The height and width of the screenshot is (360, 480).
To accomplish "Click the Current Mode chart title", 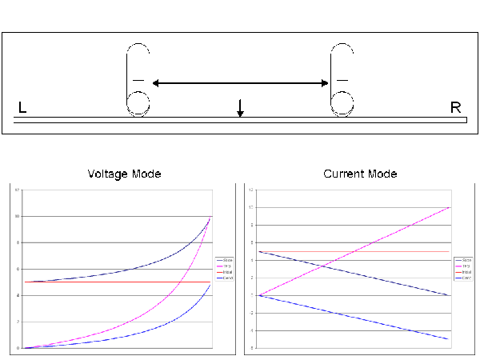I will [x=360, y=174].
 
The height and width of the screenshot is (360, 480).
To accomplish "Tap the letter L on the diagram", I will [x=22, y=107].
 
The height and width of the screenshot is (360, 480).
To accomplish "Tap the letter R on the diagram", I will [x=455, y=107].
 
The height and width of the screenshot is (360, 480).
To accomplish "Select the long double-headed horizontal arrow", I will [x=240, y=82].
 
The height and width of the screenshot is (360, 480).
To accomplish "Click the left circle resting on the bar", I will [x=138, y=102].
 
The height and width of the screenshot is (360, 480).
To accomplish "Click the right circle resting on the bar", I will [x=342, y=102].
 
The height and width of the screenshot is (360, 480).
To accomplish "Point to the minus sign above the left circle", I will [x=138, y=81].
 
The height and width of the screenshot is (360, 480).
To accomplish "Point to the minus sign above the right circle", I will [x=342, y=81].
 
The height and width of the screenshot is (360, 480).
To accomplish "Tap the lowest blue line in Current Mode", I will [x=360, y=318].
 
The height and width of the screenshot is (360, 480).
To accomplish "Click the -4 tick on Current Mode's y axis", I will [x=250, y=330].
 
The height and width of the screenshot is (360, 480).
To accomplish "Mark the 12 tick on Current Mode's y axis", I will [x=250, y=190].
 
